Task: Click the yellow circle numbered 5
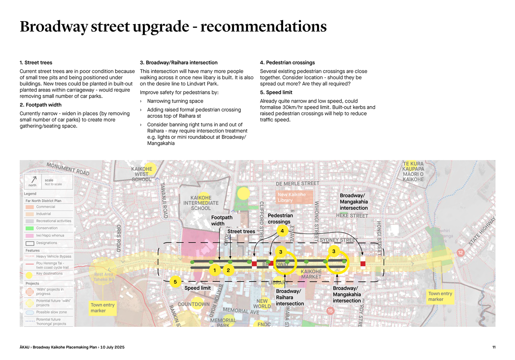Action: pos(175,282)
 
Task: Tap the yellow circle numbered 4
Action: pos(282,231)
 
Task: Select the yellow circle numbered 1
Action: pos(215,270)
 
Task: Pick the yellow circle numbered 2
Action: pos(228,270)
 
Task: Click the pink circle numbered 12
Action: pos(460,253)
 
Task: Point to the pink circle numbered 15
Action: pos(330,311)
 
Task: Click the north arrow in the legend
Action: pos(34,180)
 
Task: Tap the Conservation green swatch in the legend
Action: pos(30,228)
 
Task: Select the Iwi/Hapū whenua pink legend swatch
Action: pos(30,235)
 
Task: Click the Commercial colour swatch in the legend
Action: pos(30,207)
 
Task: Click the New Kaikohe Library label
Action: pos(292,197)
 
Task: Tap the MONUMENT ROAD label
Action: pos(68,169)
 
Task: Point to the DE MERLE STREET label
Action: pos(297,184)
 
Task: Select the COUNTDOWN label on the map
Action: pos(194,304)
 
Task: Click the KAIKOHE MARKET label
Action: pos(311,274)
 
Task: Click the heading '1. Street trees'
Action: pos(36,63)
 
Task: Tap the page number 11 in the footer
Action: pos(493,347)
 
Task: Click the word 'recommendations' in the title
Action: pos(263,26)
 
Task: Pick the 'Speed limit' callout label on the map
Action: pos(197,288)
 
